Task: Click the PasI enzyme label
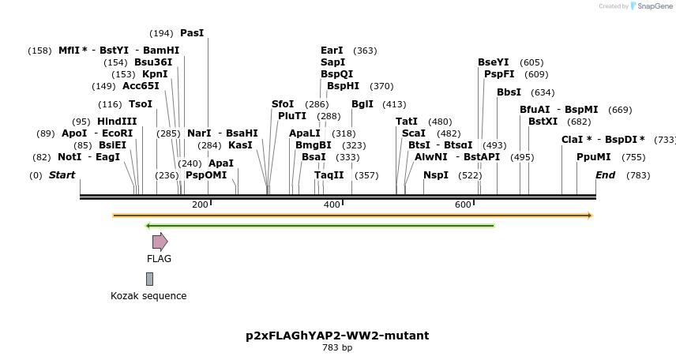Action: pos(192,33)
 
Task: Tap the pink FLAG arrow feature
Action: pos(160,242)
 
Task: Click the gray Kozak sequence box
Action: pos(149,279)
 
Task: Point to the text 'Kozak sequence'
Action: pos(148,296)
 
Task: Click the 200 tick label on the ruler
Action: pos(200,205)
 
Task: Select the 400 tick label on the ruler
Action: pos(332,205)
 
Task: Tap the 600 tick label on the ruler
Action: pos(463,205)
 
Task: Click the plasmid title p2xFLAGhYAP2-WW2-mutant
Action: pos(337,336)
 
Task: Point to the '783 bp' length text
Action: pos(337,348)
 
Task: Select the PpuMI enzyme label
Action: pos(593,157)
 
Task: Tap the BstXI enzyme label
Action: pos(543,122)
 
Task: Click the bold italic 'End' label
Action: pos(605,175)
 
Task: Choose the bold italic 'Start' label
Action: pos(62,175)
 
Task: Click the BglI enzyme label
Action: pos(362,104)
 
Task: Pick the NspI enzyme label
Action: pos(435,175)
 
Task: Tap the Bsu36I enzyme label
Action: pos(153,62)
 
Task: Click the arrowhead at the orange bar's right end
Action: pos(589,216)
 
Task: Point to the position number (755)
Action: pos(633,157)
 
